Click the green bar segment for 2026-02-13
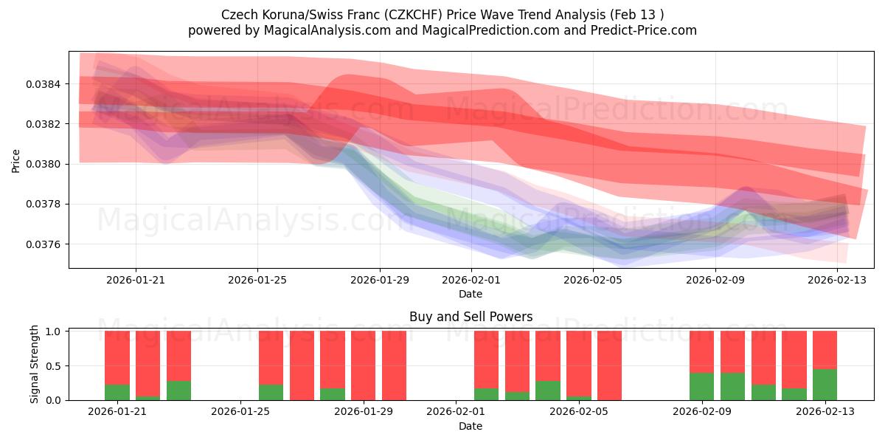click(825, 385)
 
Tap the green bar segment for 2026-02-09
click(701, 386)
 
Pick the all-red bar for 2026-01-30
click(394, 365)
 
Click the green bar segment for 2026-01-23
click(178, 391)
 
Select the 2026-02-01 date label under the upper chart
click(471, 280)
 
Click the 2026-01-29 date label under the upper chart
click(380, 280)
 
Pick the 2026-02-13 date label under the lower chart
click(825, 412)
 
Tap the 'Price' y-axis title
click(16, 160)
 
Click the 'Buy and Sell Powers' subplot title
click(471, 317)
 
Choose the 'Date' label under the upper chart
click(471, 294)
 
